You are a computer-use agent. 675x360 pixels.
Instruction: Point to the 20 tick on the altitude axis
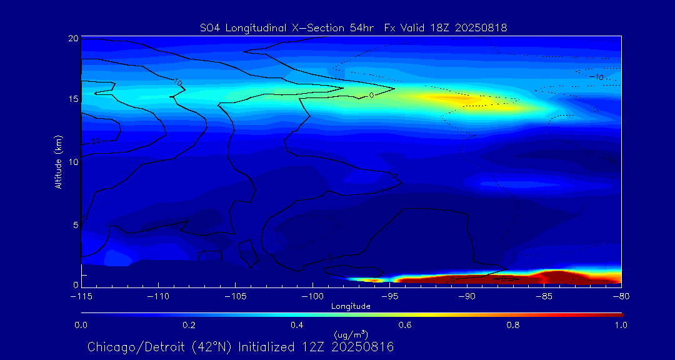pyautogui.click(x=72, y=39)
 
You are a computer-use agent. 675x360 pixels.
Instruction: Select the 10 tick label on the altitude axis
pyautogui.click(x=72, y=162)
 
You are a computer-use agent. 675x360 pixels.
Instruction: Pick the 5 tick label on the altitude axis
pyautogui.click(x=75, y=224)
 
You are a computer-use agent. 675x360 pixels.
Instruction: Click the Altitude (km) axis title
pyautogui.click(x=59, y=162)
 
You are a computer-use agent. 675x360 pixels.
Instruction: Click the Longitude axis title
pyautogui.click(x=351, y=306)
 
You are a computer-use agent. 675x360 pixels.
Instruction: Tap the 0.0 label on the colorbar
pyautogui.click(x=81, y=325)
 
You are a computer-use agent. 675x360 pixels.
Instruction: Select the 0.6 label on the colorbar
pyautogui.click(x=405, y=325)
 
